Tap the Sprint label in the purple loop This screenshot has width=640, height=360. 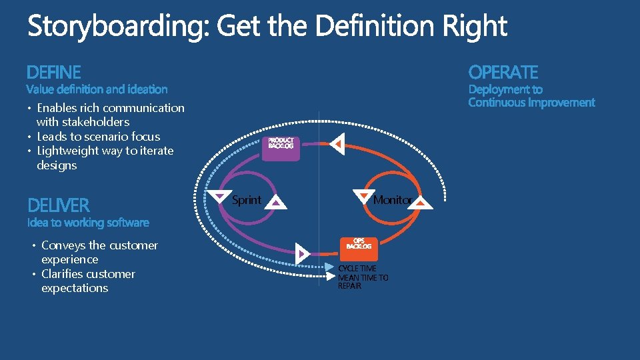[x=246, y=199]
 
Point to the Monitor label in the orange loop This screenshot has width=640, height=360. [x=392, y=199]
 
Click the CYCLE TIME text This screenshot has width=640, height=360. [x=357, y=269]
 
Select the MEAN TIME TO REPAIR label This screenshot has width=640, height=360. [x=363, y=281]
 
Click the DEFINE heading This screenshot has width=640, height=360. [x=54, y=72]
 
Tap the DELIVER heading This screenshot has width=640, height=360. [x=59, y=205]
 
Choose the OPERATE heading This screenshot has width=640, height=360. [x=503, y=72]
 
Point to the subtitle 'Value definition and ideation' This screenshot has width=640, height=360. [x=97, y=89]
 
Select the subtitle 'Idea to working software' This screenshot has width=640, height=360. [x=88, y=223]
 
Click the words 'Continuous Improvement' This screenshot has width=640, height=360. [x=531, y=103]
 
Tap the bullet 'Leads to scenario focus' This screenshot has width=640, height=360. [x=98, y=137]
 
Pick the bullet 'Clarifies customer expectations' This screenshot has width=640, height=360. [x=87, y=281]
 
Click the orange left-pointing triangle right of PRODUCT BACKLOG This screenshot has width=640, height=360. [x=338, y=143]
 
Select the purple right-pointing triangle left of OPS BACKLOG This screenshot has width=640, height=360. [x=302, y=253]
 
